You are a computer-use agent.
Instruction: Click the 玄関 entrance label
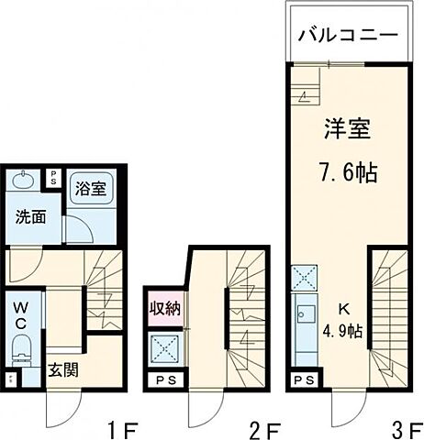tap(62, 371)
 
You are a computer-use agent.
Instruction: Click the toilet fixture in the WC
tap(21, 349)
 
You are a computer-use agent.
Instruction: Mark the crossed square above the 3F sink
tap(304, 277)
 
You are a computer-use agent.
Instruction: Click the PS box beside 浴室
tap(53, 178)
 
